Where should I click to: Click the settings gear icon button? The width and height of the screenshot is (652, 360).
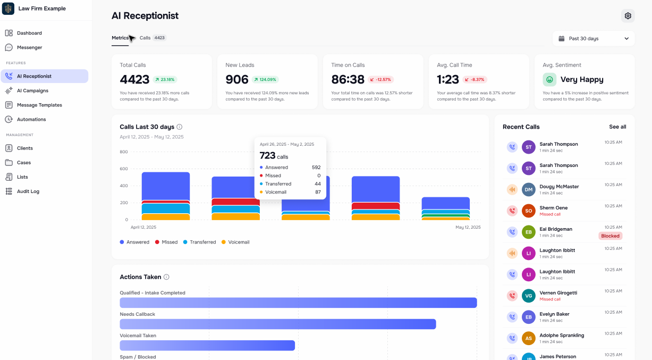(x=628, y=16)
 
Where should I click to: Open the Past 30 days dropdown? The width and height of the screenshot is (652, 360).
(x=593, y=38)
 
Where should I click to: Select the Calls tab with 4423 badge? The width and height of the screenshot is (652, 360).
(x=153, y=38)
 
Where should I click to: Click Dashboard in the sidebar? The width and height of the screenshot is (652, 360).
(x=29, y=33)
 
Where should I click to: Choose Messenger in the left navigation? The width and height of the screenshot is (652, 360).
(x=29, y=47)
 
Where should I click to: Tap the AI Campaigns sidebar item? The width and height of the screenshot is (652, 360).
(x=32, y=90)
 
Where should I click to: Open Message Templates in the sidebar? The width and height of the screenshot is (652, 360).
(x=39, y=105)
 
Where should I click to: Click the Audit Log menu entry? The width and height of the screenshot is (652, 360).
(x=28, y=191)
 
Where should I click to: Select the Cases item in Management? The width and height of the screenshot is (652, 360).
(x=24, y=162)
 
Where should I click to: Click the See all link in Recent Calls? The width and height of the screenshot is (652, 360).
(x=617, y=127)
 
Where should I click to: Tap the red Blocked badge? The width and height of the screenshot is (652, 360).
(x=610, y=236)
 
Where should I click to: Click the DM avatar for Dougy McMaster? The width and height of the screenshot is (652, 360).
(x=528, y=189)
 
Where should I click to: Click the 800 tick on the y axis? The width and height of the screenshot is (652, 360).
(x=123, y=152)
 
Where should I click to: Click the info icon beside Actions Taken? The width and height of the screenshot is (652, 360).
(x=166, y=277)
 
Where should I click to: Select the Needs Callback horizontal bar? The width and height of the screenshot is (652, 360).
(x=277, y=324)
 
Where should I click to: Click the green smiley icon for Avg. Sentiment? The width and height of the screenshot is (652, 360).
(x=549, y=79)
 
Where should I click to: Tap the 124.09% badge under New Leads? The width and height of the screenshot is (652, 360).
(x=265, y=79)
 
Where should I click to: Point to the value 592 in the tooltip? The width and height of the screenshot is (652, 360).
(x=316, y=167)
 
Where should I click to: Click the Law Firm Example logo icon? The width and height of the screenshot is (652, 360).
(x=9, y=9)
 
